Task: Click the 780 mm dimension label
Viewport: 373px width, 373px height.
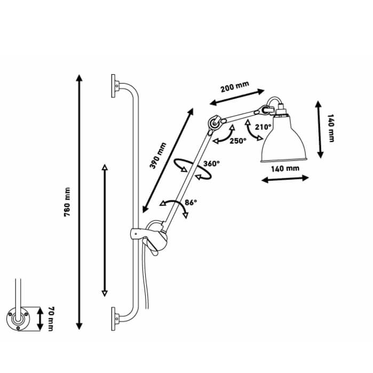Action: click(68, 202)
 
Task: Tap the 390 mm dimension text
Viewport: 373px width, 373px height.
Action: click(158, 156)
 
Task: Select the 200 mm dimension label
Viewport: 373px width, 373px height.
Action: click(235, 86)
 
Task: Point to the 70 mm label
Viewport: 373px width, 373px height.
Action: click(51, 319)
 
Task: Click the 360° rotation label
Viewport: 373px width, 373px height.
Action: click(211, 164)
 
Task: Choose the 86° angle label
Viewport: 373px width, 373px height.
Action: click(191, 202)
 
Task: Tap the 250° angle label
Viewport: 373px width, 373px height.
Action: click(238, 141)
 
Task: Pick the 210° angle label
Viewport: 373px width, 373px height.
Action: click(263, 127)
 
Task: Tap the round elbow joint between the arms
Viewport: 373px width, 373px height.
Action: click(214, 123)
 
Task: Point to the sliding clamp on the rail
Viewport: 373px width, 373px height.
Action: click(139, 234)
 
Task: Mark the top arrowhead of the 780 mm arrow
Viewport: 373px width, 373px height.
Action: click(79, 78)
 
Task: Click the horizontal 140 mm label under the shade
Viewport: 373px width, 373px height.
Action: click(285, 169)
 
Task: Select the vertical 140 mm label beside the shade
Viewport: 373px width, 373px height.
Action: click(331, 128)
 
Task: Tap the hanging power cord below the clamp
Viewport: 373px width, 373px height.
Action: click(146, 281)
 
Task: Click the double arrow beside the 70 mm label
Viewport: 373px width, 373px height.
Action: click(40, 319)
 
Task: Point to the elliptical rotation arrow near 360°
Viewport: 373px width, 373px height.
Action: click(193, 169)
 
